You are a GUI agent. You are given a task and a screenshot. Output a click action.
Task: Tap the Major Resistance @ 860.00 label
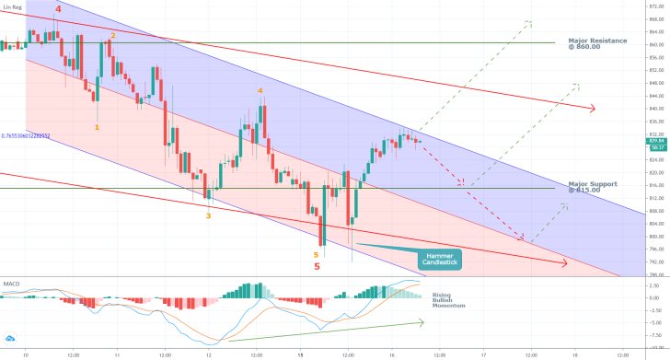[x=597, y=42]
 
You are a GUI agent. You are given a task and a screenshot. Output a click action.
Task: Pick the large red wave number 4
[x=58, y=9]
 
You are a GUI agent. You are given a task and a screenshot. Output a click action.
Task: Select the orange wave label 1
[x=98, y=128]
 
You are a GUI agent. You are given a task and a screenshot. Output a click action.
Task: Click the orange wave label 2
[x=113, y=36]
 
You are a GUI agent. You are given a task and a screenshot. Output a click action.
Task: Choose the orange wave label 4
[x=260, y=91]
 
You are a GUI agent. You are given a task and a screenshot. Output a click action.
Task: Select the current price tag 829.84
[x=656, y=140]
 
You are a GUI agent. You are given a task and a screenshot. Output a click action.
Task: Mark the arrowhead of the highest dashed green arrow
[x=531, y=21]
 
